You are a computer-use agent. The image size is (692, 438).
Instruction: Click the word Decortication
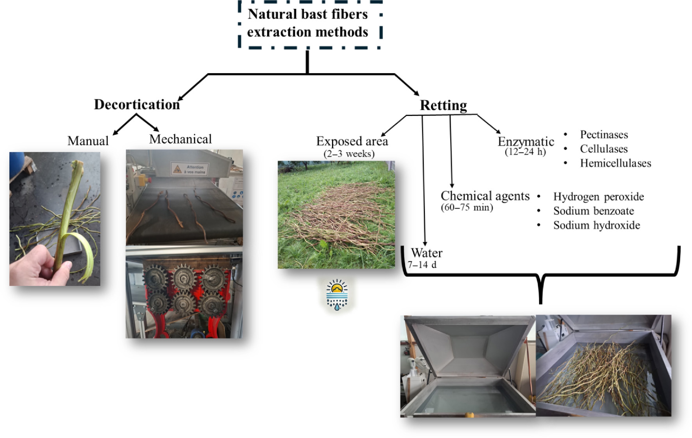tap(137, 105)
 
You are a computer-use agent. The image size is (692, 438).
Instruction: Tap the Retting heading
tap(443, 105)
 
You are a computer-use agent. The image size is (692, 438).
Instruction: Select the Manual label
tap(88, 141)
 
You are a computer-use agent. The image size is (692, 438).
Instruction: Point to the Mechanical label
tap(180, 139)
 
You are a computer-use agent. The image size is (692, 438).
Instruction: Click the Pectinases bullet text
tap(604, 135)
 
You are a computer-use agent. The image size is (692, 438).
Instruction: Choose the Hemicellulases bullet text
tap(615, 163)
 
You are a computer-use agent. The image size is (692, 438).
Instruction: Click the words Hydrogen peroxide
tap(598, 197)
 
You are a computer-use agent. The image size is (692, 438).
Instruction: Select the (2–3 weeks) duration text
tap(349, 154)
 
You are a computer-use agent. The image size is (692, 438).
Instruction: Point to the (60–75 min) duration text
tap(467, 207)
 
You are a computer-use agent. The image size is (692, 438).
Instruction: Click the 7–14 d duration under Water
tap(422, 264)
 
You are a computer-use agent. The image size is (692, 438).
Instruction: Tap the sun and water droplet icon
tap(337, 295)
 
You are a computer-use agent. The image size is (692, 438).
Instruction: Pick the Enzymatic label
tap(526, 141)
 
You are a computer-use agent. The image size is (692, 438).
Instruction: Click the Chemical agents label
tap(485, 196)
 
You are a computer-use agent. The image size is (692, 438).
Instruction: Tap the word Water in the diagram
tap(426, 253)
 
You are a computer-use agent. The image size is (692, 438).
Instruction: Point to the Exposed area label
tap(352, 141)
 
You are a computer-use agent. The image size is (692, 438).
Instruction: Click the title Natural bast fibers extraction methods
tap(307, 23)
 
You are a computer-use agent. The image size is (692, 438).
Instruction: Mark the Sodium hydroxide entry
tap(597, 225)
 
